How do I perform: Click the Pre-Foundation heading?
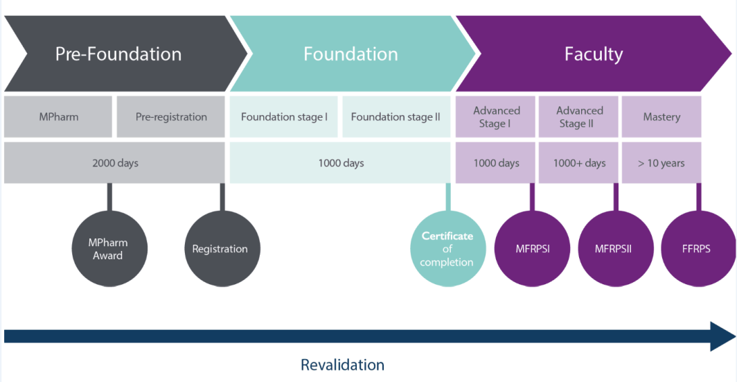point(118,54)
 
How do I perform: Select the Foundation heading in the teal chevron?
point(350,54)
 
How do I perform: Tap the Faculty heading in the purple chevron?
point(593,54)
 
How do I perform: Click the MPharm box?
point(58,116)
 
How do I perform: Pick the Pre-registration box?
point(171,116)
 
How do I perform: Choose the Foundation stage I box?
point(284,116)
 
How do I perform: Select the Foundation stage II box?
point(396,116)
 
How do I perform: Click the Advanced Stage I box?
point(496,116)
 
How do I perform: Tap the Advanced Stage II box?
point(579,116)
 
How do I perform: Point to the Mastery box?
point(661,116)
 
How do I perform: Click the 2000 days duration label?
point(115,163)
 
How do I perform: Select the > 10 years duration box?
point(661,163)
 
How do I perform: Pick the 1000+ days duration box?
point(579,163)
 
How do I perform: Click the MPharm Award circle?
point(108,249)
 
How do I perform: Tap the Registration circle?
point(220,249)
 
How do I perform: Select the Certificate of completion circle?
point(447,249)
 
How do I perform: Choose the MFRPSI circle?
point(532,249)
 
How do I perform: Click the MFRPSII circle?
point(614,249)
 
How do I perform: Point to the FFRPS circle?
point(696,249)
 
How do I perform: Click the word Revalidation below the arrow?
point(342,365)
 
